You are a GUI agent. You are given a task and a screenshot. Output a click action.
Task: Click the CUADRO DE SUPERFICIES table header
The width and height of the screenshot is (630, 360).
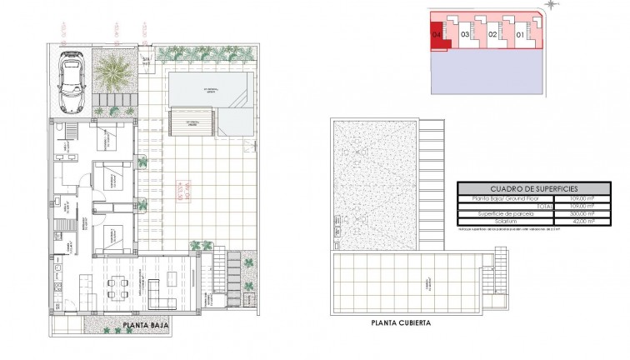pyautogui.click(x=527, y=188)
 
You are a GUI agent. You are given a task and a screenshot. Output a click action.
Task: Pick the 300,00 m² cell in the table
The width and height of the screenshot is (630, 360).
pyautogui.click(x=582, y=213)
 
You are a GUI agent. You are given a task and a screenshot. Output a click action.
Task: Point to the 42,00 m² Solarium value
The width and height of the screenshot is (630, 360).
pyautogui.click(x=582, y=221)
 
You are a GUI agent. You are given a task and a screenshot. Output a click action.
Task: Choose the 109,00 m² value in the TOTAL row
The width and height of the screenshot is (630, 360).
pyautogui.click(x=582, y=206)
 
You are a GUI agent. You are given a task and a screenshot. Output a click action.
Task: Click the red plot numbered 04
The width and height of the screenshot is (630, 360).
pyautogui.click(x=438, y=35)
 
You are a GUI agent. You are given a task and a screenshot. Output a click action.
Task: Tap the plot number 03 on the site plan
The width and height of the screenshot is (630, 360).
pyautogui.click(x=465, y=35)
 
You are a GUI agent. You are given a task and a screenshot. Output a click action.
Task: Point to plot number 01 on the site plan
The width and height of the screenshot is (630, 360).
pyautogui.click(x=519, y=35)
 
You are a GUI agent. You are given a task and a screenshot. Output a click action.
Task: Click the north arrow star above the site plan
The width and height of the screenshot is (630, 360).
pyautogui.click(x=552, y=6)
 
